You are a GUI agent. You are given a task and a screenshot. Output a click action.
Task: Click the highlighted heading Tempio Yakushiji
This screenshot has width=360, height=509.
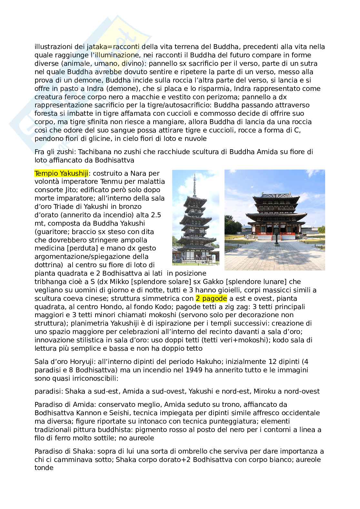[61, 173]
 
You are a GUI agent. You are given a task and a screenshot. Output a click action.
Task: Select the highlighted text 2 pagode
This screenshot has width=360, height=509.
[211, 298]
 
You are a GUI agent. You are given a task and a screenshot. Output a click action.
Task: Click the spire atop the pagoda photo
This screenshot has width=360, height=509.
[195, 182]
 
